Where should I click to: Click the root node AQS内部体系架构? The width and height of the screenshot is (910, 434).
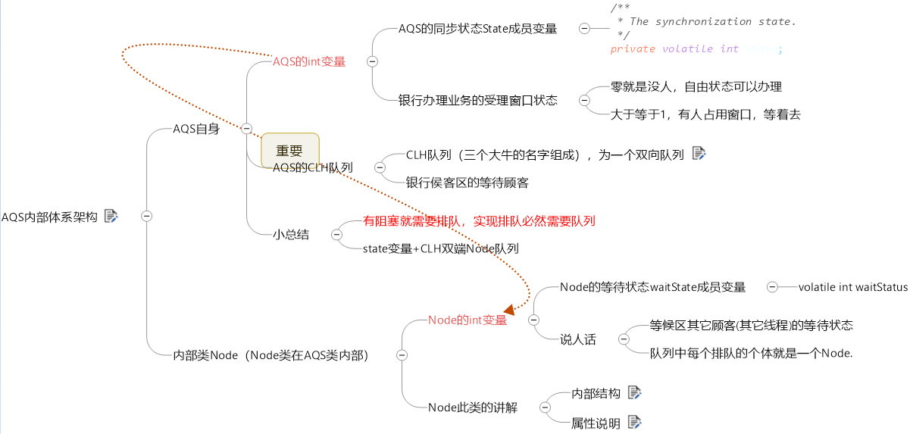click(49, 217)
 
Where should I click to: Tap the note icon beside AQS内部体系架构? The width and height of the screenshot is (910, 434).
click(111, 216)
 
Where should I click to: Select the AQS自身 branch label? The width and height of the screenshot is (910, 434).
click(195, 129)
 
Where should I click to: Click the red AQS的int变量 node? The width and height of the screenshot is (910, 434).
click(308, 62)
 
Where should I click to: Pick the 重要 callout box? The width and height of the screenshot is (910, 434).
click(289, 150)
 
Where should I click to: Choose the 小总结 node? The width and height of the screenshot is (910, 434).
click(290, 235)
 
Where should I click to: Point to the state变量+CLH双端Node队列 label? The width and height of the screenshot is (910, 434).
click(440, 248)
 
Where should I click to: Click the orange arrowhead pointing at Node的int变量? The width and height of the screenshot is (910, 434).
click(510, 310)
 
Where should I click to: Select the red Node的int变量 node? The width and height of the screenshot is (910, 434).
click(468, 320)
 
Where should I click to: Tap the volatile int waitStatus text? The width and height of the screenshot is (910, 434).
click(852, 287)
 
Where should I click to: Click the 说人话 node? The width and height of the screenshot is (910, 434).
click(577, 339)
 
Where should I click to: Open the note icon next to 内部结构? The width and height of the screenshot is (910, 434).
click(634, 392)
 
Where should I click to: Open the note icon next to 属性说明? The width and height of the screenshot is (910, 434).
click(634, 422)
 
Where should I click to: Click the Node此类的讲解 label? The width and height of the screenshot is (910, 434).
click(472, 407)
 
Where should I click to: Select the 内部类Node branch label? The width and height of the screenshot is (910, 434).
click(270, 354)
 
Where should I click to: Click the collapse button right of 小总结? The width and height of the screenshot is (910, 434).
click(336, 235)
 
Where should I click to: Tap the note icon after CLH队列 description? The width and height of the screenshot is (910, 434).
click(699, 154)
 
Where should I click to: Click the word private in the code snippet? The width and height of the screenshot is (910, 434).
click(633, 49)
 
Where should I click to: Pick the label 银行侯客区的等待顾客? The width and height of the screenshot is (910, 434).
click(467, 183)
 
